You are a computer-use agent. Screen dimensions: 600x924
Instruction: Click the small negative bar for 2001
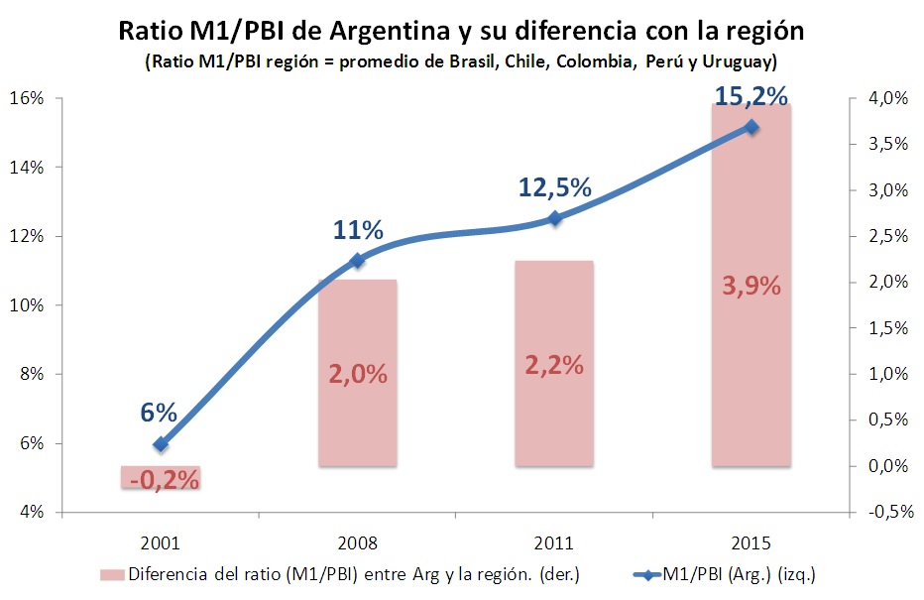click(x=162, y=477)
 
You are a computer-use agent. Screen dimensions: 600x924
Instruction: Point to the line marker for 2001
click(x=162, y=444)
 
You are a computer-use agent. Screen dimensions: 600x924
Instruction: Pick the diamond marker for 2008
click(x=358, y=261)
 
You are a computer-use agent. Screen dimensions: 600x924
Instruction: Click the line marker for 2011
click(x=554, y=218)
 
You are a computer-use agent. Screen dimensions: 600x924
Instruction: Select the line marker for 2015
click(x=751, y=127)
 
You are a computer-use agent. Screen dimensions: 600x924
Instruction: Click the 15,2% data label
click(x=751, y=96)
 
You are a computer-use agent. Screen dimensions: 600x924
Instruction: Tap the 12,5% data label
click(x=554, y=186)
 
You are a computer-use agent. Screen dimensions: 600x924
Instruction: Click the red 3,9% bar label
click(x=751, y=286)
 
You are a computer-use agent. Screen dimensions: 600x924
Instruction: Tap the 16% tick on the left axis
click(x=27, y=98)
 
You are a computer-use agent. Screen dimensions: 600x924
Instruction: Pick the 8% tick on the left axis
click(x=31, y=374)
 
